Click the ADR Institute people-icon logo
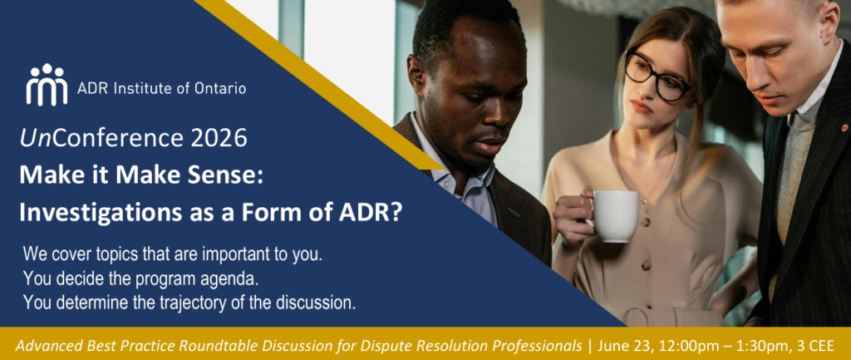pos(47,84)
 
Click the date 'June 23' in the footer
pos(618,345)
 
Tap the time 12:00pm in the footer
pos(666,345)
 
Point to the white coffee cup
pos(613,215)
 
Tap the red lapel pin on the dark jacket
pos(844,128)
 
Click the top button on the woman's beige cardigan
pos(647,222)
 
